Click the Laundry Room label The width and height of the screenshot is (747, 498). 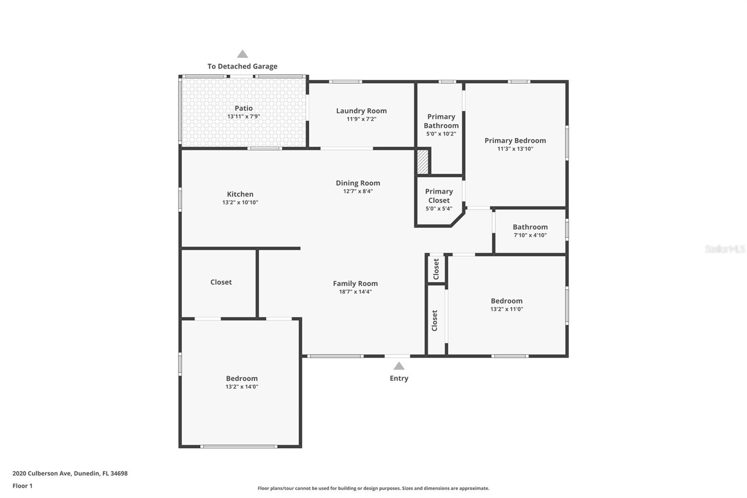pyautogui.click(x=361, y=111)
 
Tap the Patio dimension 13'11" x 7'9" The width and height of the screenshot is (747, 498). pyautogui.click(x=243, y=116)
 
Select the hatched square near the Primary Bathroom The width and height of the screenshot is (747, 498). pyautogui.click(x=423, y=161)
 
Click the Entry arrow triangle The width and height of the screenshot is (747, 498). pyautogui.click(x=399, y=366)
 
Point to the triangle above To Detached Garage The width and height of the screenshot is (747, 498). pyautogui.click(x=242, y=54)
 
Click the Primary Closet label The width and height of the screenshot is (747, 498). pyautogui.click(x=439, y=196)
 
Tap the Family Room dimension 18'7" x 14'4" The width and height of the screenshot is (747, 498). pyautogui.click(x=355, y=292)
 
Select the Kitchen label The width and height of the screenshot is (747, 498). pyautogui.click(x=240, y=194)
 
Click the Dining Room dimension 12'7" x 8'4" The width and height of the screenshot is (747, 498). pyautogui.click(x=358, y=191)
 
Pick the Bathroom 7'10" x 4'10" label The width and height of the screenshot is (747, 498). pyautogui.click(x=530, y=227)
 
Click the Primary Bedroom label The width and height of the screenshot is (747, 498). pyautogui.click(x=515, y=141)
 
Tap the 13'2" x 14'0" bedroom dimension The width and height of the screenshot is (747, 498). pyautogui.click(x=242, y=387)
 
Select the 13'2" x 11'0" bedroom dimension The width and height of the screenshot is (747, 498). pyautogui.click(x=507, y=309)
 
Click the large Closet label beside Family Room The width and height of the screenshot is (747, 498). pyautogui.click(x=221, y=282)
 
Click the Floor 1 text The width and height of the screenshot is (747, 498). pyautogui.click(x=22, y=486)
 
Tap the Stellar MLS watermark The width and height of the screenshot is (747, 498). pyautogui.click(x=725, y=249)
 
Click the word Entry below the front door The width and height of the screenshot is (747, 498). pyautogui.click(x=399, y=378)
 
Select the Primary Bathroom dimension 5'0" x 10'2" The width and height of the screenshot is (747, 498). pyautogui.click(x=441, y=134)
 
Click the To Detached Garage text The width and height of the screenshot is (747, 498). pyautogui.click(x=242, y=66)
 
